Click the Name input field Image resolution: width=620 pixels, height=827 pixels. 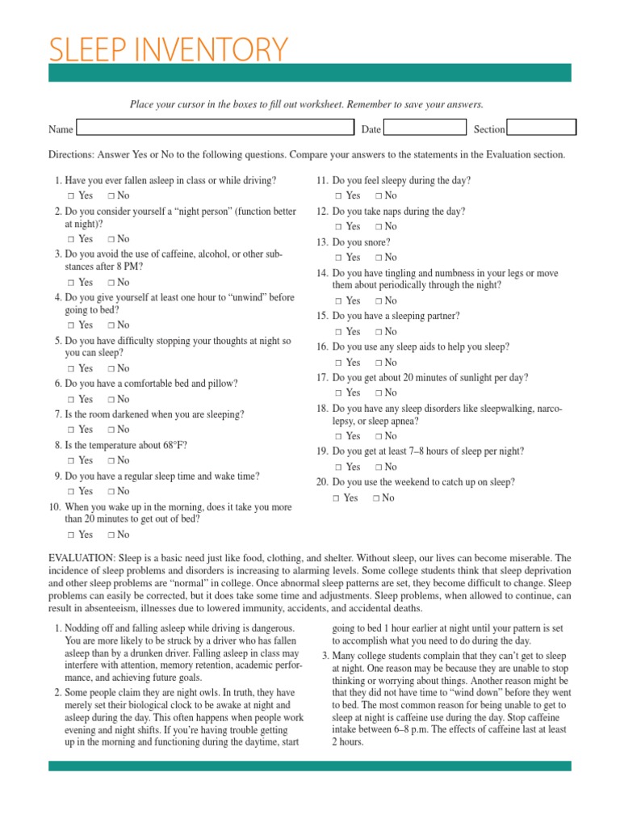click(x=215, y=128)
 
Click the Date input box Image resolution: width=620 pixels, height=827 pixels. click(x=425, y=128)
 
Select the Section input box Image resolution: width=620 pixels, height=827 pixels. click(x=541, y=128)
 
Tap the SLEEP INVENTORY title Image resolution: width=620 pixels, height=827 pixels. click(x=168, y=50)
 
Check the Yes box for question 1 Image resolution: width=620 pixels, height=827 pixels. click(x=71, y=196)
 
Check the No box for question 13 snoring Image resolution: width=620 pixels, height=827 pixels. click(x=379, y=258)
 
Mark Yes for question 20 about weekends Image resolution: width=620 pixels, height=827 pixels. click(x=335, y=498)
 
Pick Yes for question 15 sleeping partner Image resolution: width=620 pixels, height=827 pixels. click(x=338, y=332)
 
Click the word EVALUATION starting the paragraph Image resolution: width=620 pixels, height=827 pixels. click(x=82, y=558)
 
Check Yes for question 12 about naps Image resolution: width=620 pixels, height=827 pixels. click(x=338, y=227)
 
